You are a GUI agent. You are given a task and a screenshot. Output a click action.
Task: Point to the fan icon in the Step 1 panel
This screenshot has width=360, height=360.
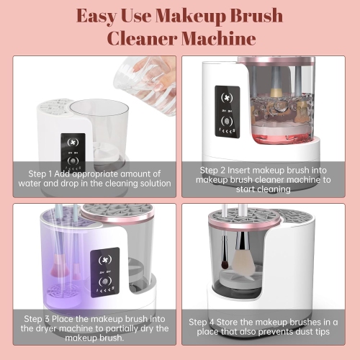tap(72, 140)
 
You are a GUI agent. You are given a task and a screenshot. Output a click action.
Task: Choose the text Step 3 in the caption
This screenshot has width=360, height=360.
tap(38, 318)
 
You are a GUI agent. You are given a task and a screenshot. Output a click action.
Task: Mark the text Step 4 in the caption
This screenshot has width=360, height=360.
tap(203, 321)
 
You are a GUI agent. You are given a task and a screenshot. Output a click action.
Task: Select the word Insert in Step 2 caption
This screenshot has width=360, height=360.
tap(249, 169)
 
